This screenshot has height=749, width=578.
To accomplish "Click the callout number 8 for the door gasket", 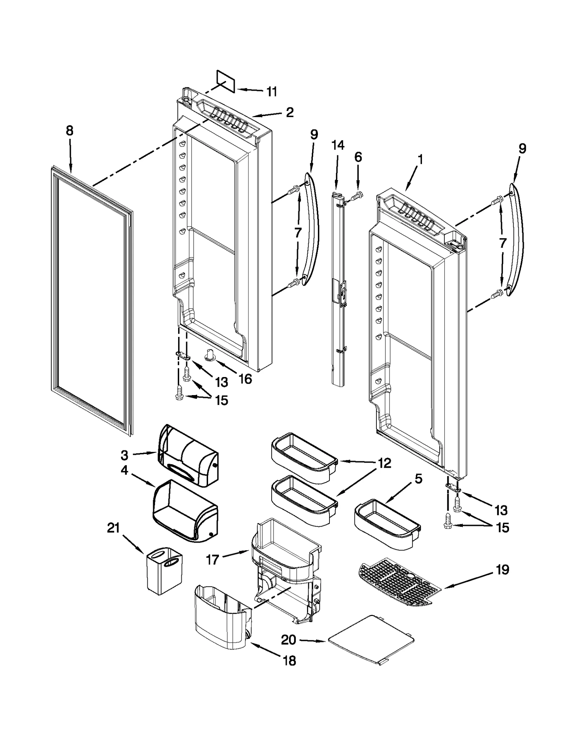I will pos(69,131).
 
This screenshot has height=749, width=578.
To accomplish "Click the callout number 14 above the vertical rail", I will pos(338,145).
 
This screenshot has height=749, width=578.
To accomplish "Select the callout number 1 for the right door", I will pos(420,159).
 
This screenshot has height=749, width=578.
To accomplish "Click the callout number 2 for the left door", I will pos(289,112).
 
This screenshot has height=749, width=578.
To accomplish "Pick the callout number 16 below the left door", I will pos(245,379).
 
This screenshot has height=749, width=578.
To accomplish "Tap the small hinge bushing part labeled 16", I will pos(210,355).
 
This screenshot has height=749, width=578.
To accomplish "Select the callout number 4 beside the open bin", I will pos(124,471).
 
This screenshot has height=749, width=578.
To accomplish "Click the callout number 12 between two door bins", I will pos(385,463).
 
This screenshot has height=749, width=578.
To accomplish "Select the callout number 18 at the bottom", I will pos(290,661).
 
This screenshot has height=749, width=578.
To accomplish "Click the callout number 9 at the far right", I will pos(522,149).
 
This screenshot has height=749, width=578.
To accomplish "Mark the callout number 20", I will pos(289,640).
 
